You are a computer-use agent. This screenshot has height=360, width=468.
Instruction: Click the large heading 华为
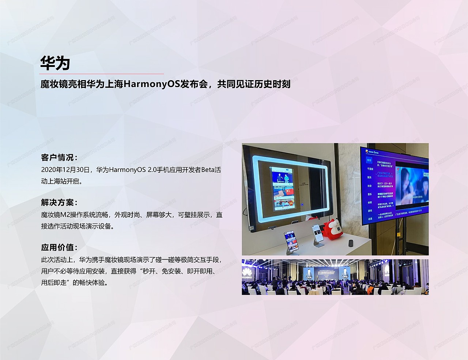click(55, 63)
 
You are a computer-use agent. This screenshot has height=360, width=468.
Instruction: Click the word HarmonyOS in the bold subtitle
click(151, 84)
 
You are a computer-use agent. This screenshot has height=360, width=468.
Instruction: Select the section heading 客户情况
click(59, 158)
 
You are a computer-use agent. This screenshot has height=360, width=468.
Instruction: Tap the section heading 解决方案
click(59, 203)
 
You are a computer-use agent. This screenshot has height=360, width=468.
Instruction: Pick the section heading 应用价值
click(59, 248)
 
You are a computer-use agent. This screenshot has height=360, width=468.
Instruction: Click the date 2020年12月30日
click(65, 170)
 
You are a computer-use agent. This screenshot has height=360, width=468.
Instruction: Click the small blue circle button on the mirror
click(302, 205)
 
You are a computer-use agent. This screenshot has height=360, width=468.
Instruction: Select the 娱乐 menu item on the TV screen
click(370, 177)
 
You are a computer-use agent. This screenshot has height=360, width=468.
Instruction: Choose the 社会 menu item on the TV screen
click(370, 186)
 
